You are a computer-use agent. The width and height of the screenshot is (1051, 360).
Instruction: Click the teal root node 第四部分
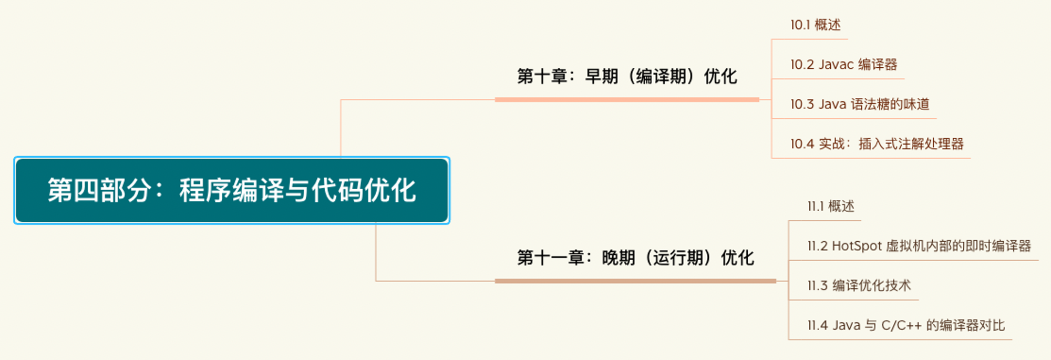click(232, 190)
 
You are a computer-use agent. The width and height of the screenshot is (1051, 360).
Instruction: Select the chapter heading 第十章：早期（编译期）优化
click(627, 77)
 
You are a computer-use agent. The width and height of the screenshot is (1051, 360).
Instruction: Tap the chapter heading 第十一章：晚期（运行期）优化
click(635, 258)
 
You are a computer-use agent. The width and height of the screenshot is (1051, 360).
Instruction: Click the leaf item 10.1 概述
click(816, 25)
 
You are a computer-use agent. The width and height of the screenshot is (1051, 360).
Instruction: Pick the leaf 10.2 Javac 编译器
click(844, 65)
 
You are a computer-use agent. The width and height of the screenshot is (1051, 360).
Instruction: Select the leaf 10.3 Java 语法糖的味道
click(860, 104)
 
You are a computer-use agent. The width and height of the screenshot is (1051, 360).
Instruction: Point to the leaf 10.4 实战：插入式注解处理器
click(877, 144)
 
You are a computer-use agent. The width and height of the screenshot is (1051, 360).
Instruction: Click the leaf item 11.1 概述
click(831, 206)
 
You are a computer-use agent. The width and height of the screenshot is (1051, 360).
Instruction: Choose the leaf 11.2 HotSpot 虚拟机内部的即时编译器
click(919, 246)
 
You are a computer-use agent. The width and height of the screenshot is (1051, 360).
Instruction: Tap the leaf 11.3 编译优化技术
click(859, 285)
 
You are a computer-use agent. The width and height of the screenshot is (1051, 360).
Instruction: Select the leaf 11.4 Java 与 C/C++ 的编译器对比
click(906, 325)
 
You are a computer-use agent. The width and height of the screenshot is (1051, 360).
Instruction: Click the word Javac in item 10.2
click(836, 65)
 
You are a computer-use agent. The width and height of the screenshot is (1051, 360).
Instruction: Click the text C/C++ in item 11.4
click(901, 325)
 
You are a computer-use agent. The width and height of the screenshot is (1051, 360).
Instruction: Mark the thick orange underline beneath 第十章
click(627, 99)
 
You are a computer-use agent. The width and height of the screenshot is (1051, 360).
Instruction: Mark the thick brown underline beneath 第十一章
click(635, 281)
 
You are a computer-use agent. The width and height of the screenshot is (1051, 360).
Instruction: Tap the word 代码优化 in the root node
click(364, 190)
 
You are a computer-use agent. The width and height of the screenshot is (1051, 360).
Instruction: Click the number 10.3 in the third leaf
click(802, 104)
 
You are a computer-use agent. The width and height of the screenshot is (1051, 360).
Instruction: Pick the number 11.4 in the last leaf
click(818, 325)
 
